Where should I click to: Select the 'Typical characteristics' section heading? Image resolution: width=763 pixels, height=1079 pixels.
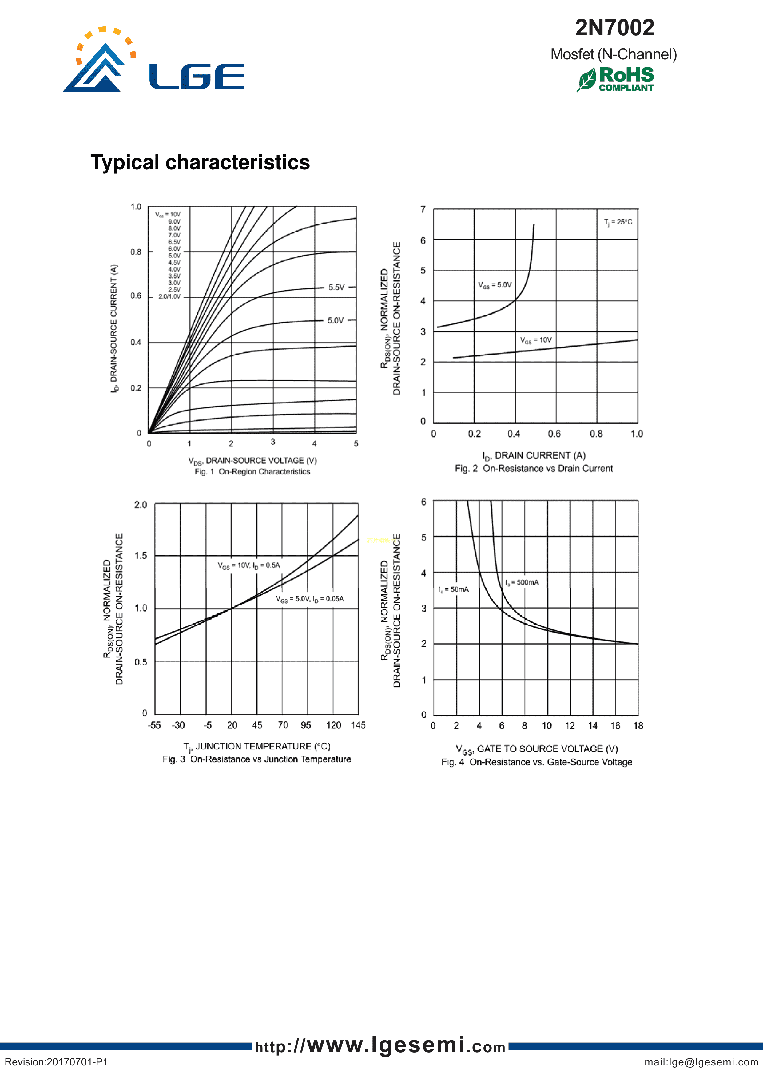pos(200,163)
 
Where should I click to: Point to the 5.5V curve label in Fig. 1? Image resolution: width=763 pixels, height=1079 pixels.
pos(336,287)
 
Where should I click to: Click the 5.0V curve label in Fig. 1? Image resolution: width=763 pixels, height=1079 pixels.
pos(336,320)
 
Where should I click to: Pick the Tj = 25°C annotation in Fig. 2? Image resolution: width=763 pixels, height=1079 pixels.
pos(618,222)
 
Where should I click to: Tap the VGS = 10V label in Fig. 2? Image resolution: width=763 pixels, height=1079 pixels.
pos(535,340)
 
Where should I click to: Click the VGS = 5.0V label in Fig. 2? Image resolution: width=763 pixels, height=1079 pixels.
pos(495,285)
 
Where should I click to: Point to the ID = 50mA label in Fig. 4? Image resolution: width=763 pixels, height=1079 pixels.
pos(454,590)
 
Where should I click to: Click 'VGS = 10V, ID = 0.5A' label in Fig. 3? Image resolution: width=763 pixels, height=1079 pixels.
pos(249,565)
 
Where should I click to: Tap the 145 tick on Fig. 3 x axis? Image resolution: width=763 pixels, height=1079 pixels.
pos(358,725)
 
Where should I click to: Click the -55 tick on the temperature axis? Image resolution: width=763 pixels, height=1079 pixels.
pos(154,725)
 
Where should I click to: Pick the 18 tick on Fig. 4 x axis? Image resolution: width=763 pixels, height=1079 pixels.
pos(638,726)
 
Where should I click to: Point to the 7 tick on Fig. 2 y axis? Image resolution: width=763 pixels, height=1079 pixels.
pos(423,210)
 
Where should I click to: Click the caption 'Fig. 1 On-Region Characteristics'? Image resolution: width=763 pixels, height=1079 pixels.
pos(252,471)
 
